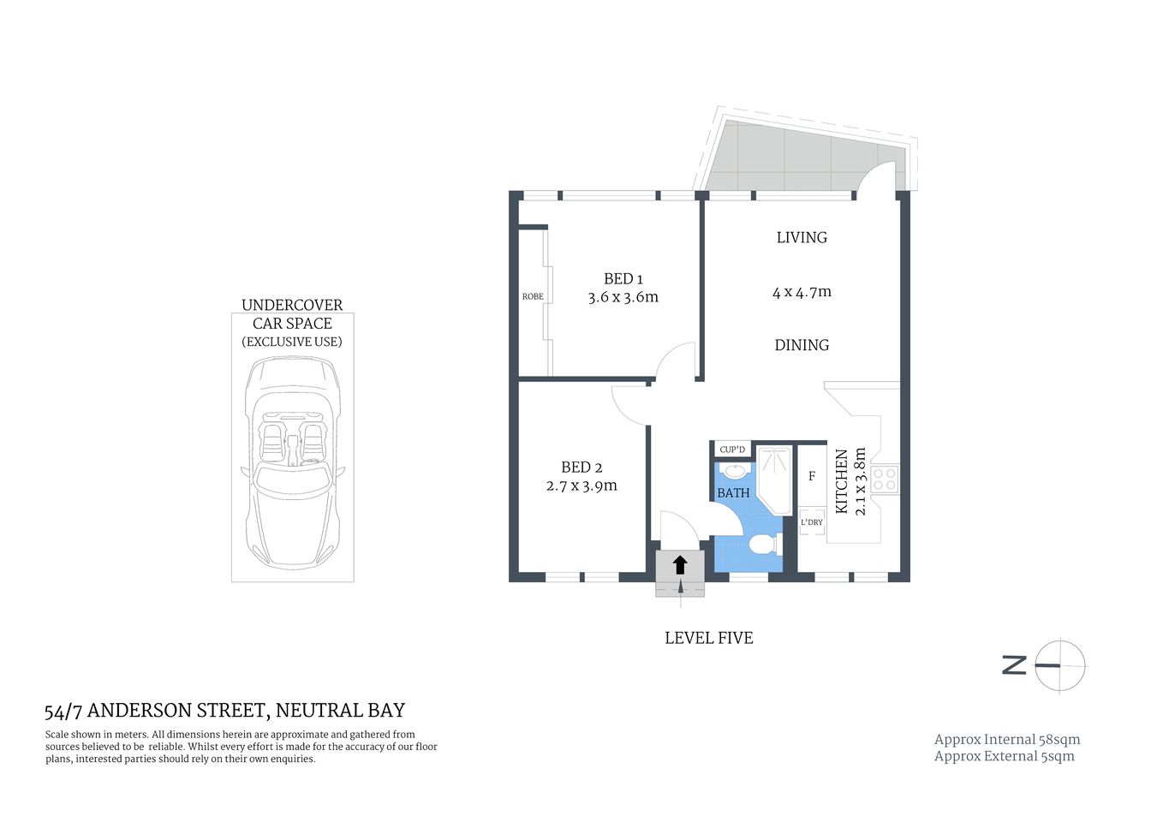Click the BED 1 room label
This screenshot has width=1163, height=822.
623,278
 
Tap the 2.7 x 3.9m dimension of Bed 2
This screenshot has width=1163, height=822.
581,485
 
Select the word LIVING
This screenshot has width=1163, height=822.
802,237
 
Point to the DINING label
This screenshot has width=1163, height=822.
802,345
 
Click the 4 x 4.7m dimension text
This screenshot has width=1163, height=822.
802,292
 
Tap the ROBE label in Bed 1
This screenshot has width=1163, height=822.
533,296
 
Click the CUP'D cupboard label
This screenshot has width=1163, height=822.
732,450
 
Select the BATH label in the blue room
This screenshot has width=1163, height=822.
733,493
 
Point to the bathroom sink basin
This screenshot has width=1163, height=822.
734,470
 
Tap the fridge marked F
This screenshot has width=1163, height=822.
812,476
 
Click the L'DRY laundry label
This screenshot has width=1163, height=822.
812,521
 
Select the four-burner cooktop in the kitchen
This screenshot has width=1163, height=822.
885,479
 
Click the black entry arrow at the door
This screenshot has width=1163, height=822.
680,564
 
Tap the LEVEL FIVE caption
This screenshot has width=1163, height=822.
708,638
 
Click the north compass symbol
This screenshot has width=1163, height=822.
1059,665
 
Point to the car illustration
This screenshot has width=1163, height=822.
292,462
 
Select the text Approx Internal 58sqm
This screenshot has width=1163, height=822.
1006,739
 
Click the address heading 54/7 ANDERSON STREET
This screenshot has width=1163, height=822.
224,711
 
